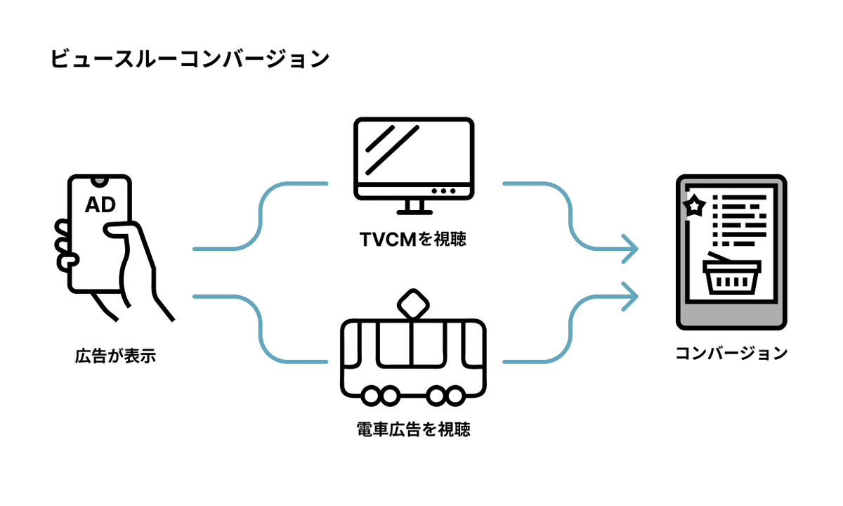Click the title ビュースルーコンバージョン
pos(190,59)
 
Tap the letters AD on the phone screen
pos(100,205)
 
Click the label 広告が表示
pos(115,356)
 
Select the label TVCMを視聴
pos(413,239)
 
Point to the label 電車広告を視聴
pos(413,429)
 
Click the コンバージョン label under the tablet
pos(731,353)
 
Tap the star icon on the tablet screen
pos(694,205)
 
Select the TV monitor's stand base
pos(414,213)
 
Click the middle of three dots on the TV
pos(443,191)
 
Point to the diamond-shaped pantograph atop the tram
pos(413,304)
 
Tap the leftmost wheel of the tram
pos(371,396)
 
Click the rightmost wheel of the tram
pos(455,396)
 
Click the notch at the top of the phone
pos(100,181)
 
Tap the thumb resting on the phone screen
pos(119,231)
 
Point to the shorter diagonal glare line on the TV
pos(380,139)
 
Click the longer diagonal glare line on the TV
pos(392,150)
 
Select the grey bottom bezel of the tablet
pos(731,315)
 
